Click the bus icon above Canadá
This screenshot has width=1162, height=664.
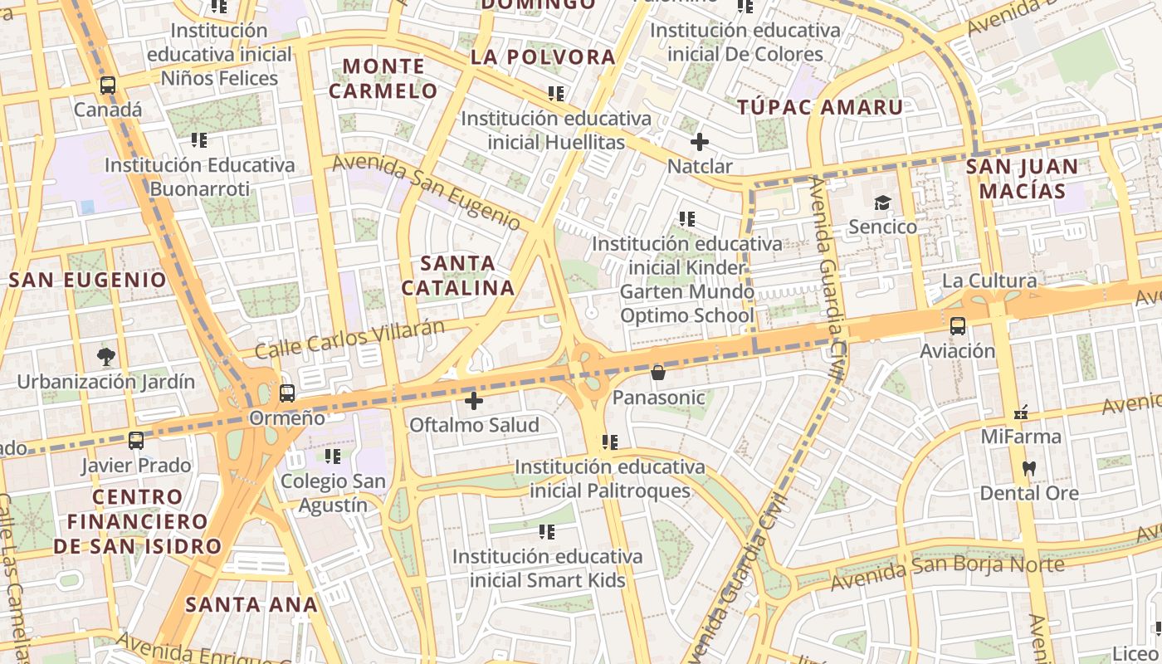coord(108,85)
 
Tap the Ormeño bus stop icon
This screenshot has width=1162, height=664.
coord(287,393)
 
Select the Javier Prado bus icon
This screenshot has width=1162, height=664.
coord(136,441)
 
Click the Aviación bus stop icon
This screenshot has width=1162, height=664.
coord(958,325)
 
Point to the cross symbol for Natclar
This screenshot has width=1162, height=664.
coord(700,142)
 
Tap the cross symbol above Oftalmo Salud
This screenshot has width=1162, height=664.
coord(474,401)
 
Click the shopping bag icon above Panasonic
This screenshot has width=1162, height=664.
coord(658,373)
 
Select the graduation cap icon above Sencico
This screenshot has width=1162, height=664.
coord(882,202)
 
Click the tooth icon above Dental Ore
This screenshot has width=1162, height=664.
coord(1029,468)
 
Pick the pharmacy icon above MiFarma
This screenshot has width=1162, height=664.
coord(1021,412)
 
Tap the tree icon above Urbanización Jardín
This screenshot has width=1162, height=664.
coord(106,357)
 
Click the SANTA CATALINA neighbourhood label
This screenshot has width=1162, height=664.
coord(457,276)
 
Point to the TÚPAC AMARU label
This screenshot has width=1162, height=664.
coord(820,107)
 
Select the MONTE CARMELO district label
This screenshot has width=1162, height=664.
coord(383,78)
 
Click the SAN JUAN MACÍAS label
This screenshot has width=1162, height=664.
coord(1022,178)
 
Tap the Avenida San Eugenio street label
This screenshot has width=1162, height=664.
coord(427,193)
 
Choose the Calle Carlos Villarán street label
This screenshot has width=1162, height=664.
coord(349,339)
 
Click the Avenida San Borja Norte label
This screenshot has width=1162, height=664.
coord(947,573)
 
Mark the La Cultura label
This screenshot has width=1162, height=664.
coord(989,281)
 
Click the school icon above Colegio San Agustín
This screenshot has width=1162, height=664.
coord(333,456)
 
